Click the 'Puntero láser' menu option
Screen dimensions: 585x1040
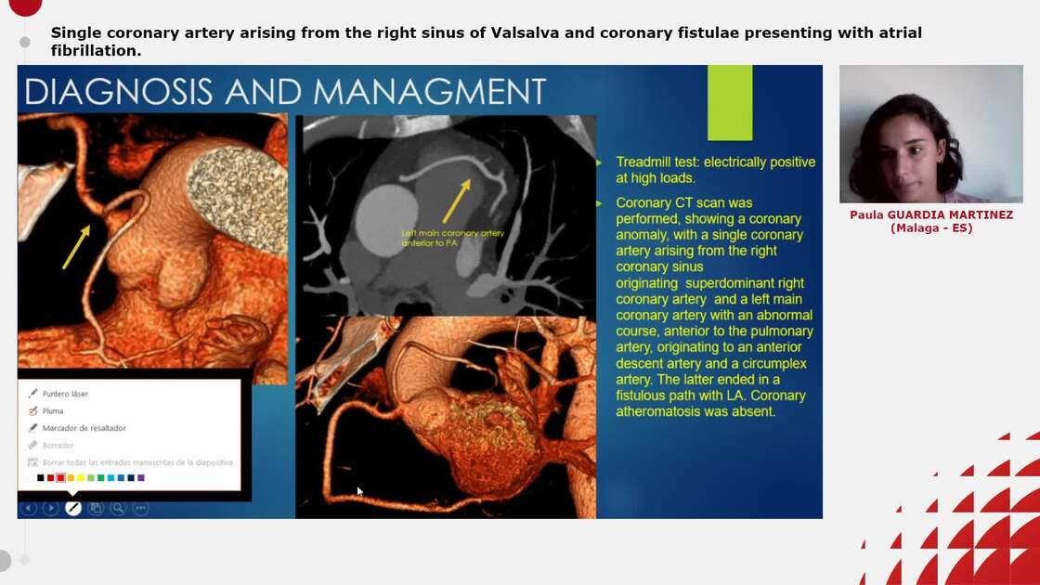click(x=65, y=394)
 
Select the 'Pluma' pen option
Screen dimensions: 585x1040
click(x=53, y=410)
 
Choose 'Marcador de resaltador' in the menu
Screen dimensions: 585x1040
click(x=84, y=428)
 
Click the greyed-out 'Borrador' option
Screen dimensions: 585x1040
click(x=58, y=445)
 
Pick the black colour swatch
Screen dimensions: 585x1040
click(x=41, y=477)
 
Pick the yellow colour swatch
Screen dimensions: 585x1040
click(x=81, y=477)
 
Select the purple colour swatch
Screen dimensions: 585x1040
click(x=141, y=477)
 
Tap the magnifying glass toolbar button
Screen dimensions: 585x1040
click(x=118, y=508)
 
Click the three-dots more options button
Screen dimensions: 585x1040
click(x=140, y=508)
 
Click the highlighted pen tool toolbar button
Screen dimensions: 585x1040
click(x=72, y=508)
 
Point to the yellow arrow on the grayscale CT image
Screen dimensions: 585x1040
click(x=456, y=201)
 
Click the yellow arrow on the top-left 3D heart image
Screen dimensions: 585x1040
click(x=76, y=246)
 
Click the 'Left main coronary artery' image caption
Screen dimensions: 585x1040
click(x=452, y=238)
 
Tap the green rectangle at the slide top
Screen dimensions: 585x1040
click(x=730, y=102)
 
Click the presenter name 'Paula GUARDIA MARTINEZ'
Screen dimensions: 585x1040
click(x=930, y=214)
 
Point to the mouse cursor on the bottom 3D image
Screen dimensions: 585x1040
click(x=359, y=491)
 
